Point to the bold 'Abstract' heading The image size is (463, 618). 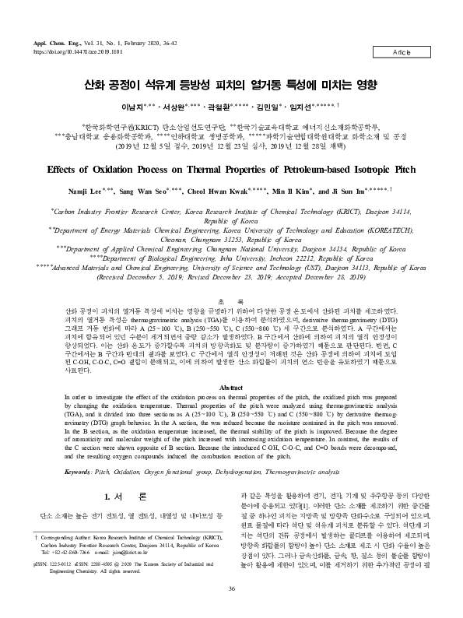tap(231, 387)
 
